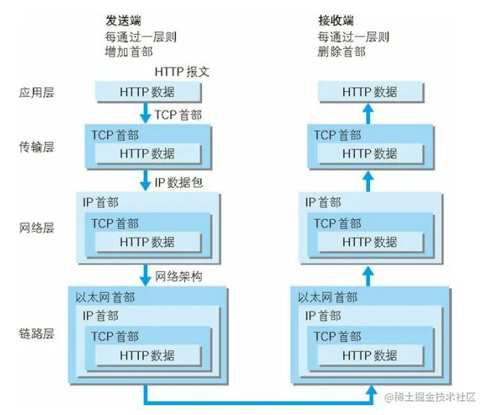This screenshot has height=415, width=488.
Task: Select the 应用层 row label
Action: point(37,92)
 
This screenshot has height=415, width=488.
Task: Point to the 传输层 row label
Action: point(37,147)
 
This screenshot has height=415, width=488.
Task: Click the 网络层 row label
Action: point(37,228)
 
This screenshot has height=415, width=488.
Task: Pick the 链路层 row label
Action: point(37,333)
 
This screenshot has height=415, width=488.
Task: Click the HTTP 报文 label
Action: point(182,72)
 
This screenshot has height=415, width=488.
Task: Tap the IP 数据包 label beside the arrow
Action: point(178,183)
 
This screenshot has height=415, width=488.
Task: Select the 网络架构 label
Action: point(178,276)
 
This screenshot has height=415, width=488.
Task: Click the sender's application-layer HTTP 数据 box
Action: point(148,92)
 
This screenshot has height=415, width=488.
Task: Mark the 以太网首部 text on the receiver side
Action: point(327,298)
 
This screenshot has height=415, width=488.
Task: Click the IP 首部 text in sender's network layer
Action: point(100,203)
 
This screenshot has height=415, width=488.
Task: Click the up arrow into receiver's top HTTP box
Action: point(368,112)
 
